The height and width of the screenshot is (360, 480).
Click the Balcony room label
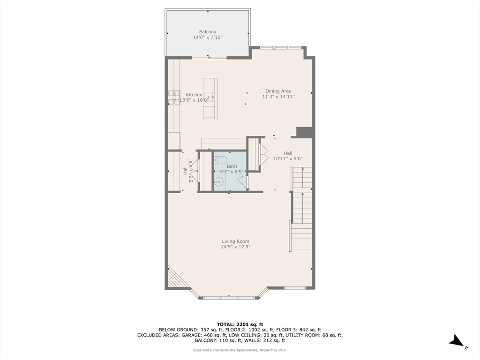pyautogui.click(x=208, y=32)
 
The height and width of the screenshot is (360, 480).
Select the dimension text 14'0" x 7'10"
pyautogui.click(x=208, y=37)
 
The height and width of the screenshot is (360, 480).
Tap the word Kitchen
pyautogui.click(x=194, y=95)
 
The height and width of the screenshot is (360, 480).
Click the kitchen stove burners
pyautogui.click(x=174, y=97)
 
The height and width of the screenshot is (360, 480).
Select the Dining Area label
pyautogui.click(x=278, y=91)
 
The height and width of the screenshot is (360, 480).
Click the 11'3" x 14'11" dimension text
pyautogui.click(x=278, y=97)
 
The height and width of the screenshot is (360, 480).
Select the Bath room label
pyautogui.click(x=232, y=166)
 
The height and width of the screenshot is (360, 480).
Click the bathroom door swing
pyautogui.click(x=242, y=182)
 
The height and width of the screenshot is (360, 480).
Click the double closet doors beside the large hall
pyautogui.click(x=263, y=154)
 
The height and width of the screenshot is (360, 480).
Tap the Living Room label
pyautogui.click(x=236, y=241)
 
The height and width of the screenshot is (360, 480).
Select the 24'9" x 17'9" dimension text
pyautogui.click(x=236, y=247)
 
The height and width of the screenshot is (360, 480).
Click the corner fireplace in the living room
pyautogui.click(x=175, y=277)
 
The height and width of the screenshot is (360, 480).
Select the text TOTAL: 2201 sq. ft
pyautogui.click(x=240, y=324)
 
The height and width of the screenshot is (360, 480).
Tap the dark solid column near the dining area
pyautogui.click(x=304, y=132)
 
